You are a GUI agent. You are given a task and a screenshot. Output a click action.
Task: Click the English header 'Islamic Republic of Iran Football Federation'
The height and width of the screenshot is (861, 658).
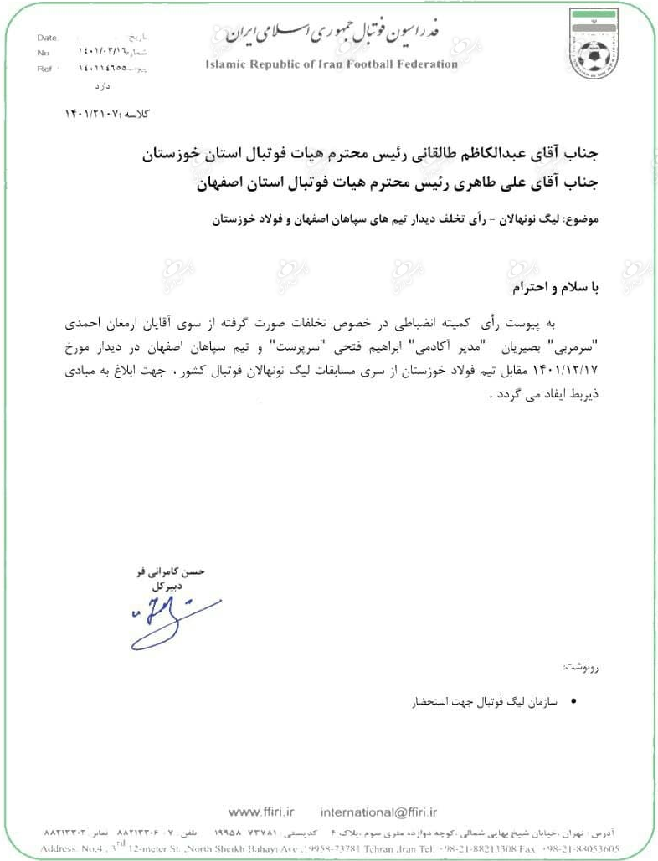(x=331, y=64)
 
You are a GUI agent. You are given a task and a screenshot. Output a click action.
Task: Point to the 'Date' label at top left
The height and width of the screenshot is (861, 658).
(x=49, y=38)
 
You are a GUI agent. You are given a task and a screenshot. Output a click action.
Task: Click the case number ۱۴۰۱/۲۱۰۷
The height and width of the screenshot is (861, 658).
(x=92, y=111)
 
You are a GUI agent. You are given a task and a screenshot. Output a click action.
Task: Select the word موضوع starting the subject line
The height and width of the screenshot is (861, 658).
(x=577, y=220)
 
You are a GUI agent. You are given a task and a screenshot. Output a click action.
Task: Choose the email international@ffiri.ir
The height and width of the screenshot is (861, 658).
(x=380, y=812)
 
